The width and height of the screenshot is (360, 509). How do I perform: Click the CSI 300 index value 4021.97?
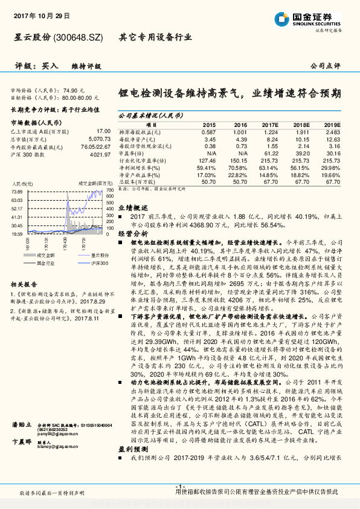pyautogui.click(x=100, y=154)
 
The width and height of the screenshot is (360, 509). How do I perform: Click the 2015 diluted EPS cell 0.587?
pyautogui.click(x=208, y=132)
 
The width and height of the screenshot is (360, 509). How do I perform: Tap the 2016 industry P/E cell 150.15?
pyautogui.click(x=240, y=160)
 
